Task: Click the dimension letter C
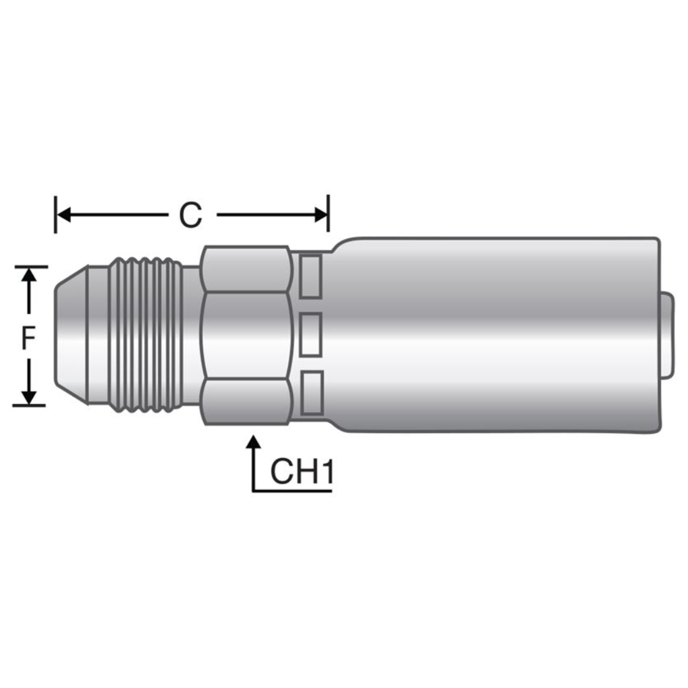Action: point(190,215)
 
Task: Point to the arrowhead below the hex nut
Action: point(254,441)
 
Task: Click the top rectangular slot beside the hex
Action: point(311,276)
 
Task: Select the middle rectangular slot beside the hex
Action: point(311,334)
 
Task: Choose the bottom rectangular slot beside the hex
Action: point(311,392)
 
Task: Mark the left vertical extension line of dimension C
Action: point(55,215)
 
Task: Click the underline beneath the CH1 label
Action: point(293,491)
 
